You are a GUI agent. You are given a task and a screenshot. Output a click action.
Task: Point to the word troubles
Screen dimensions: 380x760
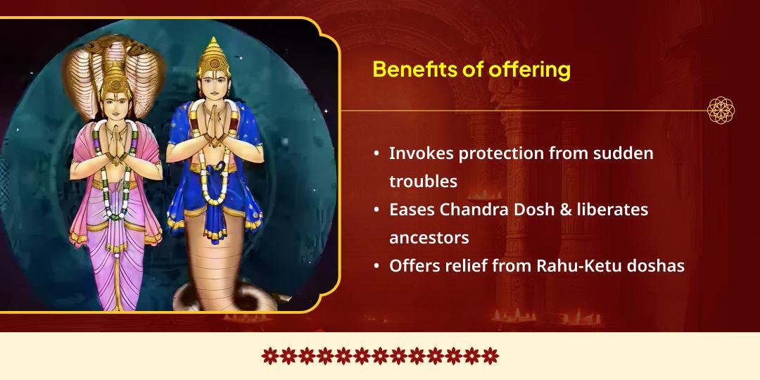coord(423,182)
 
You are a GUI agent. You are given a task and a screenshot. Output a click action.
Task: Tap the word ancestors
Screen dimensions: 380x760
coord(429,239)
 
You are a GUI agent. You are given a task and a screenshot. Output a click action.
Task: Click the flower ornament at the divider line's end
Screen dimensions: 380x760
coord(721,110)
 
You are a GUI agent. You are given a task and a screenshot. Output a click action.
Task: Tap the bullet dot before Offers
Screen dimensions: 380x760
coord(377,267)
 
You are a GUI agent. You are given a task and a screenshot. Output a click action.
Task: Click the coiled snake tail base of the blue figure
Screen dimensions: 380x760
coord(211,296)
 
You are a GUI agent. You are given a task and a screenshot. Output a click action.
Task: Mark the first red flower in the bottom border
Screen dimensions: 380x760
coord(269,356)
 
